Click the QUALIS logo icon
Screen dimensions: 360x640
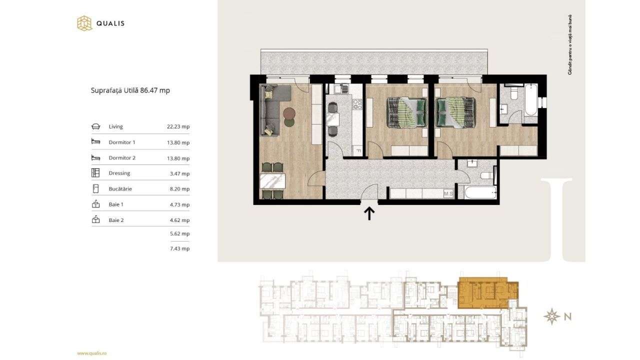pos(84,23)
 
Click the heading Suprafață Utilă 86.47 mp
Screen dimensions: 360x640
pos(130,90)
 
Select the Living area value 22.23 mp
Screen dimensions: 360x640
pos(178,127)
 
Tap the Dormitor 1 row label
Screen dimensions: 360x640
pos(122,142)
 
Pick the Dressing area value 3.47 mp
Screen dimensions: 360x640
pos(179,173)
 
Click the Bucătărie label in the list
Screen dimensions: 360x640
pos(120,189)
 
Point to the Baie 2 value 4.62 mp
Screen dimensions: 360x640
pos(179,220)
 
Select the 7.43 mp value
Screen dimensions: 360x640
pos(179,248)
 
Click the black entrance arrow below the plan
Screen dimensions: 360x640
pos(369,213)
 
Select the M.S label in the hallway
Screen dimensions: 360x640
pos(448,193)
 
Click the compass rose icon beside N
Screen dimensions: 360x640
pos(551,316)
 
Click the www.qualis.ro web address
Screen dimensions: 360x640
pos(92,353)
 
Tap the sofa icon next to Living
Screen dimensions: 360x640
pos(95,127)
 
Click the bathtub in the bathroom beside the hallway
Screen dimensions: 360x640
pos(480,193)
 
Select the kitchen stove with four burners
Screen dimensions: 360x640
pos(357,104)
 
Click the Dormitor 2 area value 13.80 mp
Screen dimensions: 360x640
pos(178,158)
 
